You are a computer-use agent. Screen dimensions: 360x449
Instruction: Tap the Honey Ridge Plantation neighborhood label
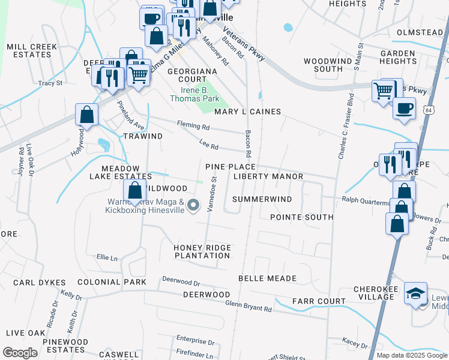(202, 251)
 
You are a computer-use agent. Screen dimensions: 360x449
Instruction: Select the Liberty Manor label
(268, 176)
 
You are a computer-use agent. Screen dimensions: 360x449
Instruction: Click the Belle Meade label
(267, 278)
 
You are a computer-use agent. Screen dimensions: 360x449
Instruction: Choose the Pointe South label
(301, 217)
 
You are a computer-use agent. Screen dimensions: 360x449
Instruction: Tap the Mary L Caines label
(247, 112)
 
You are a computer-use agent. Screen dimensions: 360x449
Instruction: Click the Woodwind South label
(323, 65)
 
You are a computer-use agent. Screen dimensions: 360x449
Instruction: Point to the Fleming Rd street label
(193, 126)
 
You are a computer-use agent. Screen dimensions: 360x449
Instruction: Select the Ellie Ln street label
(107, 257)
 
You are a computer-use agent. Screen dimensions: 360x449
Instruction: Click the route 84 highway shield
(427, 110)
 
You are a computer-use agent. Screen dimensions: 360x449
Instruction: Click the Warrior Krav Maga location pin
(193, 206)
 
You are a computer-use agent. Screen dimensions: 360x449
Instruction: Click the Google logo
(20, 353)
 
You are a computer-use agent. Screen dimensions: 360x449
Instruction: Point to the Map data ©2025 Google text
(412, 355)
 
